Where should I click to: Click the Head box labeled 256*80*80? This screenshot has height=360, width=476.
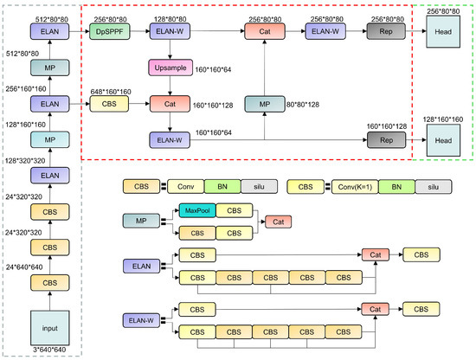pos(442,32)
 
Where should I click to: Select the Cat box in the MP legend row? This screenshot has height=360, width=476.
pos(278,222)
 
